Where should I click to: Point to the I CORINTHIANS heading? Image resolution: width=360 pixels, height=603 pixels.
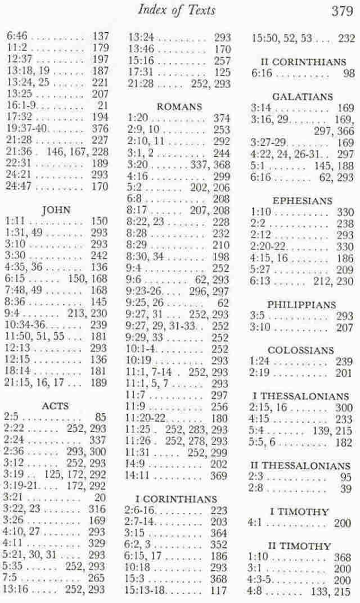[177, 499]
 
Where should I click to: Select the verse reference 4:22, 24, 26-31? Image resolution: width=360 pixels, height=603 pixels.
[285, 154]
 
